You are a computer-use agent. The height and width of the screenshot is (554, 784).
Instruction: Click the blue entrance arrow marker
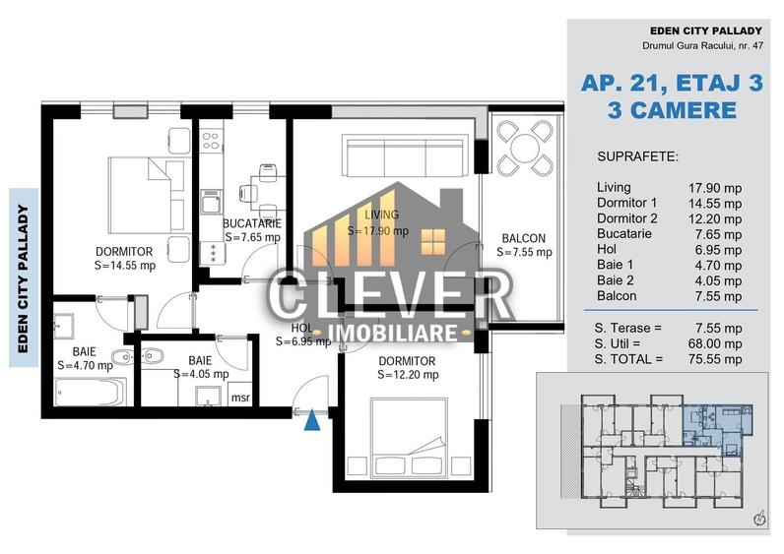click(x=312, y=419)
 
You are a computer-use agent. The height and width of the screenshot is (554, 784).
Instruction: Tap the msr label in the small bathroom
click(x=240, y=399)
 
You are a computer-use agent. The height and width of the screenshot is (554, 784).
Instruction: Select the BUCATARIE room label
click(x=252, y=223)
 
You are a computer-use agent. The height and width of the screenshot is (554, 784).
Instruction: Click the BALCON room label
click(x=524, y=238)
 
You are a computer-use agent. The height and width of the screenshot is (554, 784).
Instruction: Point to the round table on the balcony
click(x=525, y=148)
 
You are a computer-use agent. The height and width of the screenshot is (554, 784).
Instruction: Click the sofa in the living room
click(x=406, y=154)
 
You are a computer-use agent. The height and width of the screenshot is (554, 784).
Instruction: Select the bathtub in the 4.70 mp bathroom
click(x=91, y=393)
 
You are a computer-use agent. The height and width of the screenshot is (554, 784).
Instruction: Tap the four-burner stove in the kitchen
click(x=211, y=141)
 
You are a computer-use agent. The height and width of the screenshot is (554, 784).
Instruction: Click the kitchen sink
click(x=211, y=202)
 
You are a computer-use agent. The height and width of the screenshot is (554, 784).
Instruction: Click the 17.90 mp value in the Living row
click(x=714, y=188)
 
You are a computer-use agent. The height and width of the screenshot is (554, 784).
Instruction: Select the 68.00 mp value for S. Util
click(x=715, y=343)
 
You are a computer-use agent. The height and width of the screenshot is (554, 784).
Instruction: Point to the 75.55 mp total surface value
click(x=715, y=359)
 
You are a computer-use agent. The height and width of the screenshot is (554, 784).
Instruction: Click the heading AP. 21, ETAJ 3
click(x=672, y=83)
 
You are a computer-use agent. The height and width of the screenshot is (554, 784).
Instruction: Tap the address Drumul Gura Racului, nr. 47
click(x=702, y=45)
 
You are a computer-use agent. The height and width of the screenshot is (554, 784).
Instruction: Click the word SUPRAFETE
click(x=637, y=156)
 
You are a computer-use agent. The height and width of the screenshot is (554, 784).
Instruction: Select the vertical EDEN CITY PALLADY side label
click(x=23, y=278)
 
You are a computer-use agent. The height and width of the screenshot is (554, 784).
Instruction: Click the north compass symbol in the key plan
click(x=759, y=519)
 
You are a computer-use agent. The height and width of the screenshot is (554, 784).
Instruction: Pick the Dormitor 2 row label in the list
click(x=627, y=218)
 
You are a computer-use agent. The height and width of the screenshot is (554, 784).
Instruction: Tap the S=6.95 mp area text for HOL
click(x=303, y=341)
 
